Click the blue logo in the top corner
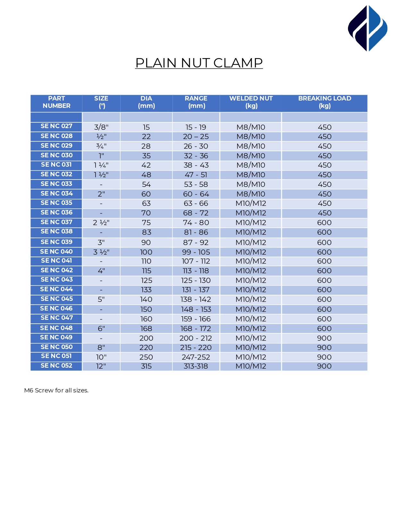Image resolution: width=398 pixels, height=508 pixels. [x=368, y=28]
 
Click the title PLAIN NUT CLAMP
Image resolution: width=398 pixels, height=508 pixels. [x=199, y=63]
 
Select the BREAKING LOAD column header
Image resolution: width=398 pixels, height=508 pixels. [x=325, y=102]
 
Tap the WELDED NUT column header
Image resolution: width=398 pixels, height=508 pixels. [x=251, y=102]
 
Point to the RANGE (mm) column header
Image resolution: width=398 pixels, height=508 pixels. [x=196, y=102]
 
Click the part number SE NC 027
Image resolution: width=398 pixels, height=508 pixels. [x=56, y=126]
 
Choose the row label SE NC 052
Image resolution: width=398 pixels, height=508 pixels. [x=56, y=366]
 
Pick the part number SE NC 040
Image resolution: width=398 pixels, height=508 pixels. [x=56, y=252]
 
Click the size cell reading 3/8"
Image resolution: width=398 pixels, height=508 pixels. [x=101, y=127]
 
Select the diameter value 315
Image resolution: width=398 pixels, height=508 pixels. [x=146, y=366]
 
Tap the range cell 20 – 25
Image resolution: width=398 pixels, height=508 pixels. [x=196, y=137]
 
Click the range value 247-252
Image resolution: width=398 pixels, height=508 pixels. [x=196, y=357]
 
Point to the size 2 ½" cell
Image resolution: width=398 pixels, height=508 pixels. [x=101, y=223]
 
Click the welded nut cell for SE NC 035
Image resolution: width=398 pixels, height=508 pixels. [x=251, y=204]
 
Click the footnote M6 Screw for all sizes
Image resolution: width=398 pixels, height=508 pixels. [x=56, y=390]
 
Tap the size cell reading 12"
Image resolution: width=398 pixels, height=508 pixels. [x=101, y=366]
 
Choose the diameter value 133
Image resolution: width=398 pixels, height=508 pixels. [x=146, y=290]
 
